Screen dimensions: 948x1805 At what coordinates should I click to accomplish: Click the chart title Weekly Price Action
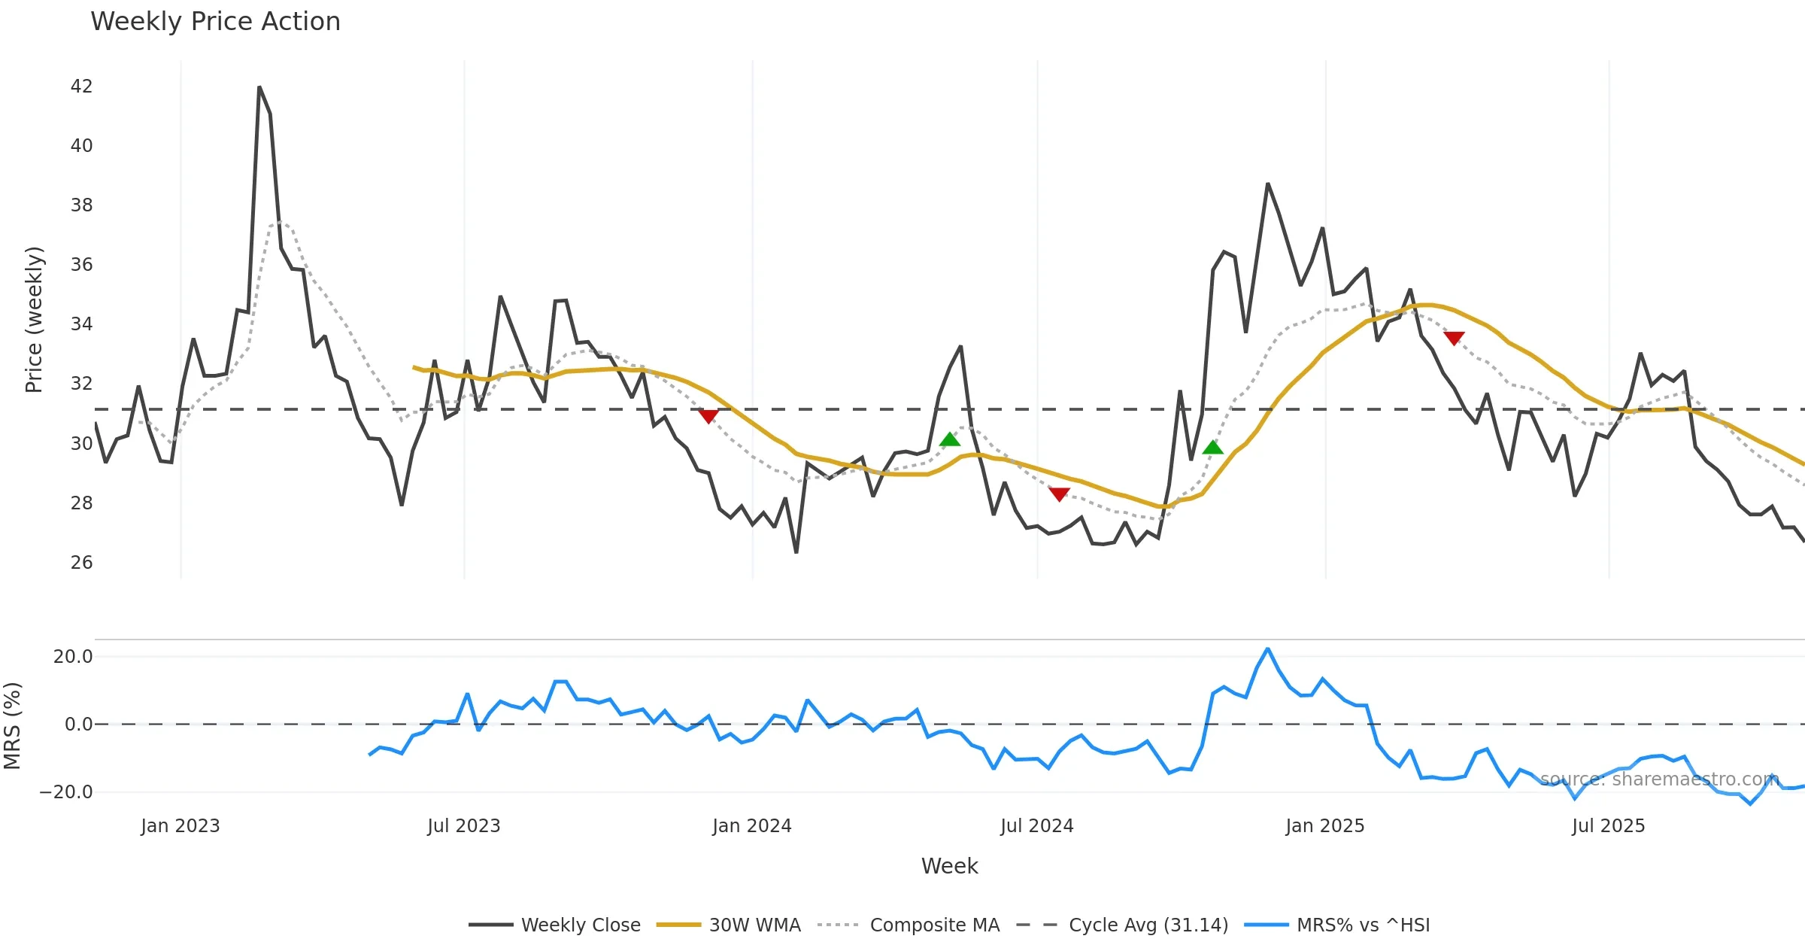215,22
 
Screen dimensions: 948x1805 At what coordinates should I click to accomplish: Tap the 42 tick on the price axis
81,87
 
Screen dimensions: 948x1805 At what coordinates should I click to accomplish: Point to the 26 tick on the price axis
81,563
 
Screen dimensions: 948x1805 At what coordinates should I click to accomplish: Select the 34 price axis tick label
81,324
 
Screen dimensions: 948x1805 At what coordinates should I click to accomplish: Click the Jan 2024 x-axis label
751,826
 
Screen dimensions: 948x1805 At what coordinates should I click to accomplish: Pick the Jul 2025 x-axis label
1608,826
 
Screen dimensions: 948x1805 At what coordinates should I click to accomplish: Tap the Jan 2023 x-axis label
180,826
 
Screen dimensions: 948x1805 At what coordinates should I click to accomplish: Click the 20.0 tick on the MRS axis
73,657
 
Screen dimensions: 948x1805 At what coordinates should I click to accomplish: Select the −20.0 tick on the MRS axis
66,792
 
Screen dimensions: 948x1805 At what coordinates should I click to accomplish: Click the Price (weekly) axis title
35,320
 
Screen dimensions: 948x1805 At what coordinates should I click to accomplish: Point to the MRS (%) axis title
12,725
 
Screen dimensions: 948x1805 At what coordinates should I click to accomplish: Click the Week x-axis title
949,867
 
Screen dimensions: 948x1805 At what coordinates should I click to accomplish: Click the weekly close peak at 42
259,87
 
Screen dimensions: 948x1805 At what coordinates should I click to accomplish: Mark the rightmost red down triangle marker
1454,339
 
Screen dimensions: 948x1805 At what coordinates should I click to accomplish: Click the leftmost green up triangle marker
950,439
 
